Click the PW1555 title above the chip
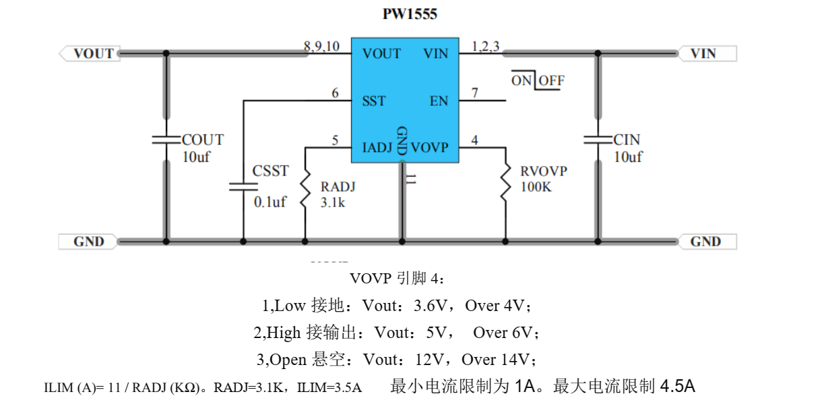[x=410, y=13]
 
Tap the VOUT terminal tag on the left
[x=92, y=53]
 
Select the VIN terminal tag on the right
[x=705, y=53]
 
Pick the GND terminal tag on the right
[x=705, y=241]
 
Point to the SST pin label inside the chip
[x=374, y=101]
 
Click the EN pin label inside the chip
[x=438, y=101]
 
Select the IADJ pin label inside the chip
[x=377, y=146]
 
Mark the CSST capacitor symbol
[x=243, y=186]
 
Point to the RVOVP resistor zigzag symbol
[x=505, y=184]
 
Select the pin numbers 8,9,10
[x=322, y=47]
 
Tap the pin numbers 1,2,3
[x=485, y=47]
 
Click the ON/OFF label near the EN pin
[x=538, y=80]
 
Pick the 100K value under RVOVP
[x=536, y=187]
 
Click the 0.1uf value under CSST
[x=269, y=202]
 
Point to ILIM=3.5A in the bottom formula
[x=330, y=388]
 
